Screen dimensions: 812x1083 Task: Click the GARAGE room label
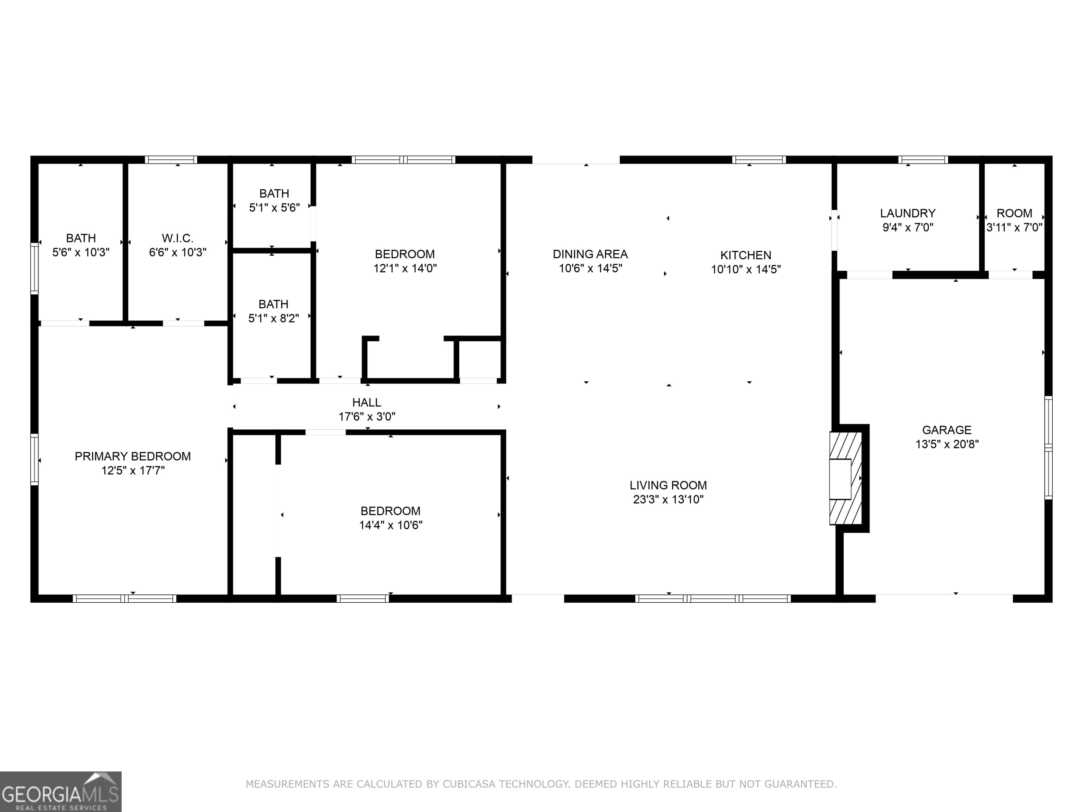(x=947, y=430)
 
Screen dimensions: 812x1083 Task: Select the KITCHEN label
(x=745, y=255)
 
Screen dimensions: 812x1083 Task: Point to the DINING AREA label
(x=590, y=254)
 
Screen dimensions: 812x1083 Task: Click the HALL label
(x=366, y=402)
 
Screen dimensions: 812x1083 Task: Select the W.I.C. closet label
(x=177, y=238)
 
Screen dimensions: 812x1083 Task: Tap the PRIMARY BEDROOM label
(x=133, y=456)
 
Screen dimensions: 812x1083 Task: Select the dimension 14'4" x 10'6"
(x=390, y=525)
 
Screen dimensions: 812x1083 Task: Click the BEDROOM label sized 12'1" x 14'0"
(x=404, y=254)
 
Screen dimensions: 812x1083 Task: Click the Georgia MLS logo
(x=60, y=792)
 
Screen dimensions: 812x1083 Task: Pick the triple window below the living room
(x=712, y=598)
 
